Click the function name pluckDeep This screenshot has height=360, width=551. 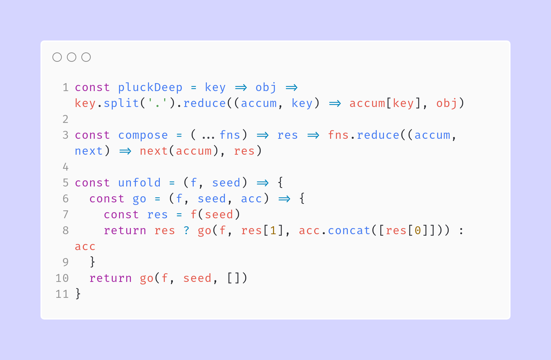point(150,87)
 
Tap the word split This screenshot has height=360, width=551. point(121,103)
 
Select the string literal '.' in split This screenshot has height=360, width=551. point(158,103)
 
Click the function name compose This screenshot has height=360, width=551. point(143,135)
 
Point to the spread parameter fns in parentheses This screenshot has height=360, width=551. point(230,135)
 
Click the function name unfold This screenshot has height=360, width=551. point(140,183)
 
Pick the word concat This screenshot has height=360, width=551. point(349,231)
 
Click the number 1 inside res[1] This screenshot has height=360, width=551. point(273,231)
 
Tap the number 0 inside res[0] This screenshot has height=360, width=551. point(418,231)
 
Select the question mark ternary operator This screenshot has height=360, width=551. point(187,230)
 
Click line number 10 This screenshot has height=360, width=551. point(62,278)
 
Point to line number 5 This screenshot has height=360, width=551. point(65,183)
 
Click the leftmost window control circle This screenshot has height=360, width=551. point(57,57)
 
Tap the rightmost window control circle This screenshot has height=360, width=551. point(86,57)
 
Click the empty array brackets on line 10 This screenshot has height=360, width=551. point(233,278)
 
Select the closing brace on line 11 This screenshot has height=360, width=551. point(78,294)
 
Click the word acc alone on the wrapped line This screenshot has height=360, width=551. point(85,247)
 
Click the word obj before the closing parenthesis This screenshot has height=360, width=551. point(447,103)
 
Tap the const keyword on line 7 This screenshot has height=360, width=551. point(121,215)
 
